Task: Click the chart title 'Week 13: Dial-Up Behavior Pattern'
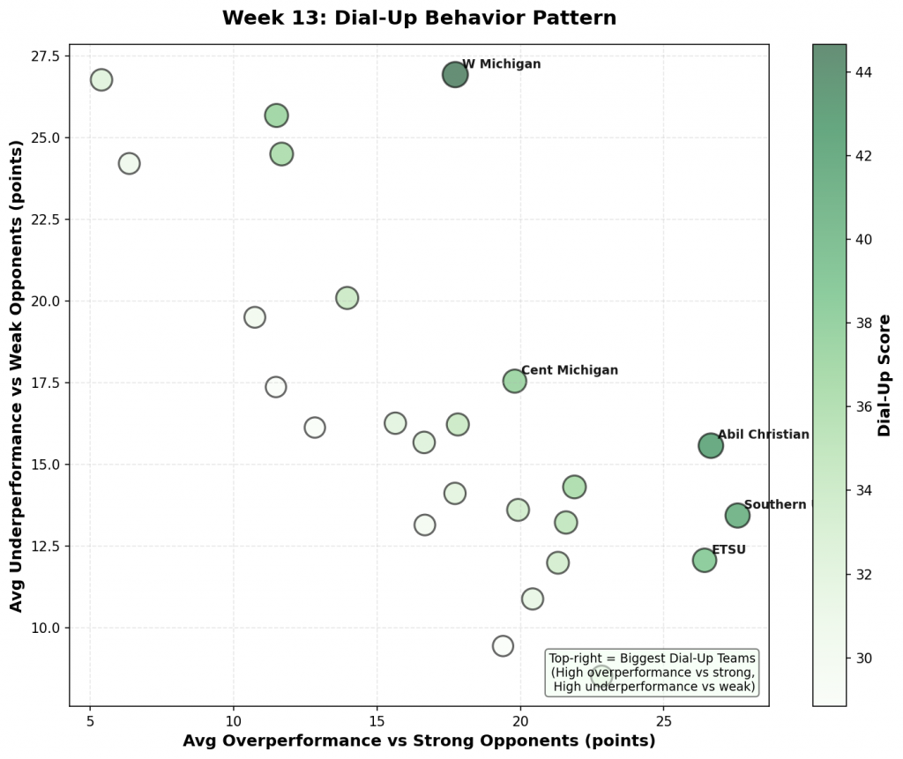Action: coord(419,18)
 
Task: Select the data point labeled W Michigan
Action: coord(455,75)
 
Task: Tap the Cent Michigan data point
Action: coord(515,381)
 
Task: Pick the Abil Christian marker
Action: coord(711,445)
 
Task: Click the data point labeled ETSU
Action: coord(705,560)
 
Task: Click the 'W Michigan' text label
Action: coord(501,64)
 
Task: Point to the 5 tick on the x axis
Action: coord(90,721)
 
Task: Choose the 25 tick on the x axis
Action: coord(664,721)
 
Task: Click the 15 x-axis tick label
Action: coord(377,721)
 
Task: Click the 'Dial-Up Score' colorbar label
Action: coord(884,376)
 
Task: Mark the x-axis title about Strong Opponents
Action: coord(419,741)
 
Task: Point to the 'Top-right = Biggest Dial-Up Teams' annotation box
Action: coord(653,673)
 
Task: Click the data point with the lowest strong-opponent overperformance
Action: coord(101,80)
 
